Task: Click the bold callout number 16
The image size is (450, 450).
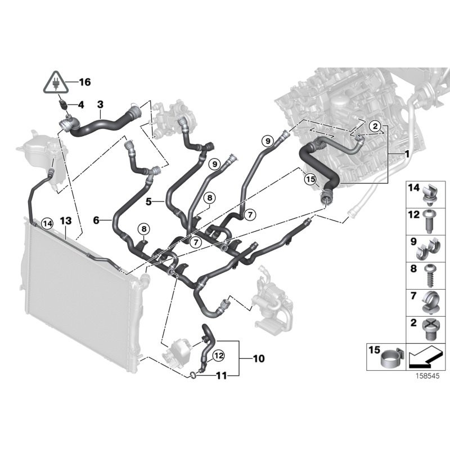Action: (x=84, y=82)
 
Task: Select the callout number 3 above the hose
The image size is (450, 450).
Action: (x=100, y=105)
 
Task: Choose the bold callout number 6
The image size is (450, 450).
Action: (x=97, y=221)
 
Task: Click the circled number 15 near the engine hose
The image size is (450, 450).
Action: (x=310, y=179)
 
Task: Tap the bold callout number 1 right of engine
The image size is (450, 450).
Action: (x=406, y=153)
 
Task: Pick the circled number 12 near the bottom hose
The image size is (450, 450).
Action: (x=218, y=355)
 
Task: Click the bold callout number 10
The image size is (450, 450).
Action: (x=259, y=358)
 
